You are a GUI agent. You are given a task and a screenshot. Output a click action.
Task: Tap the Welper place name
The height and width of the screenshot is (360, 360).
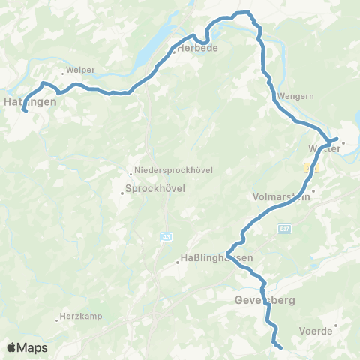80,70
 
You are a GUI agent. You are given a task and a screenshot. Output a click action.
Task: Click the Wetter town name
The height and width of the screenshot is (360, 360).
325,148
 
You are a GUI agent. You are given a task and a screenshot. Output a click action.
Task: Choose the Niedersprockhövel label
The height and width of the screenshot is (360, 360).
174,170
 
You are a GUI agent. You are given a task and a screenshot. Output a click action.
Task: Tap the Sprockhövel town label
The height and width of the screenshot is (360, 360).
154,189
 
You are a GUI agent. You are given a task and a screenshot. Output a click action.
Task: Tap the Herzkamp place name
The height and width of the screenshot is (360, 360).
82,316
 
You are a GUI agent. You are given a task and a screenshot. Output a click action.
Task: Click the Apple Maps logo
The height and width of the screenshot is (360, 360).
26,347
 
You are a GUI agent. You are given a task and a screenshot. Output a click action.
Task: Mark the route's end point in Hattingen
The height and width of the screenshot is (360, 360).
25,111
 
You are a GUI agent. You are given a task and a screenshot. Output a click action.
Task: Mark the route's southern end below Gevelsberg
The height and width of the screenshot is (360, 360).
280,347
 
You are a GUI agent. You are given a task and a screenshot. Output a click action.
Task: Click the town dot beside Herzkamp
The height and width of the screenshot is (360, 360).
57,321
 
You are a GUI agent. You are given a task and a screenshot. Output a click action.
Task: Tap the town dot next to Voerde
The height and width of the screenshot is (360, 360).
337,325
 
